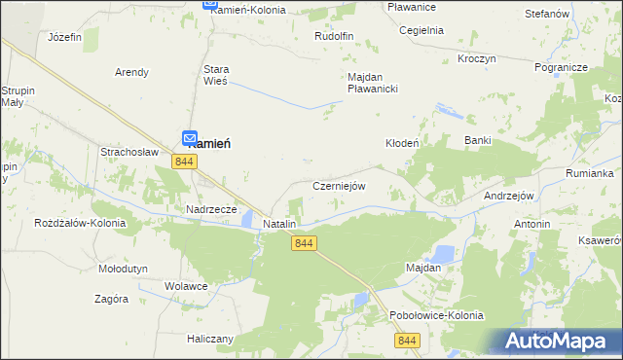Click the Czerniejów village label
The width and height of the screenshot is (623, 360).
[x=339, y=186]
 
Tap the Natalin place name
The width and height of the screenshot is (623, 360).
[x=279, y=224]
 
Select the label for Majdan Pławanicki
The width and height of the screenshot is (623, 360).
[x=374, y=83]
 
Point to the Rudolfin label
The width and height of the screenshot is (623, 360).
[x=333, y=36]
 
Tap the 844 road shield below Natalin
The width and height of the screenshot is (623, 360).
[x=304, y=243]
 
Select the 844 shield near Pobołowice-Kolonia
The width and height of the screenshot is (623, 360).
[x=407, y=340]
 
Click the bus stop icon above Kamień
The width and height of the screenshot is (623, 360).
[x=191, y=140]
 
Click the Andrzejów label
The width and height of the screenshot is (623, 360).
[x=510, y=196]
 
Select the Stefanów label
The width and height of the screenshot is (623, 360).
[x=546, y=15]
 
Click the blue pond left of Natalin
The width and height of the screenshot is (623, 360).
[x=247, y=219]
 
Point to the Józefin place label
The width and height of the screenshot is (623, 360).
[x=64, y=37]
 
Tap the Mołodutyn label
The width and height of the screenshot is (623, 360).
[x=123, y=268]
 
